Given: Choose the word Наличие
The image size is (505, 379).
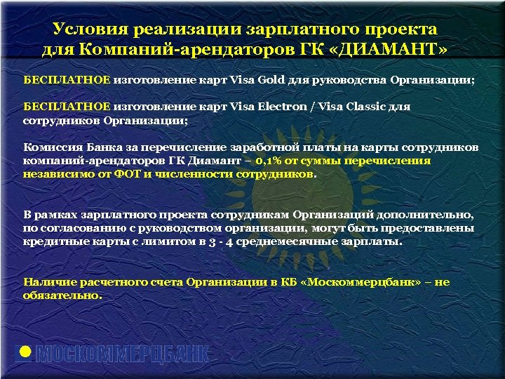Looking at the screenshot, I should point(48,281).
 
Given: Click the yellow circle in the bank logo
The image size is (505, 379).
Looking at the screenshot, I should point(25,352).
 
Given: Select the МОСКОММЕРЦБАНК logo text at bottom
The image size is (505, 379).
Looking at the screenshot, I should point(123,354).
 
